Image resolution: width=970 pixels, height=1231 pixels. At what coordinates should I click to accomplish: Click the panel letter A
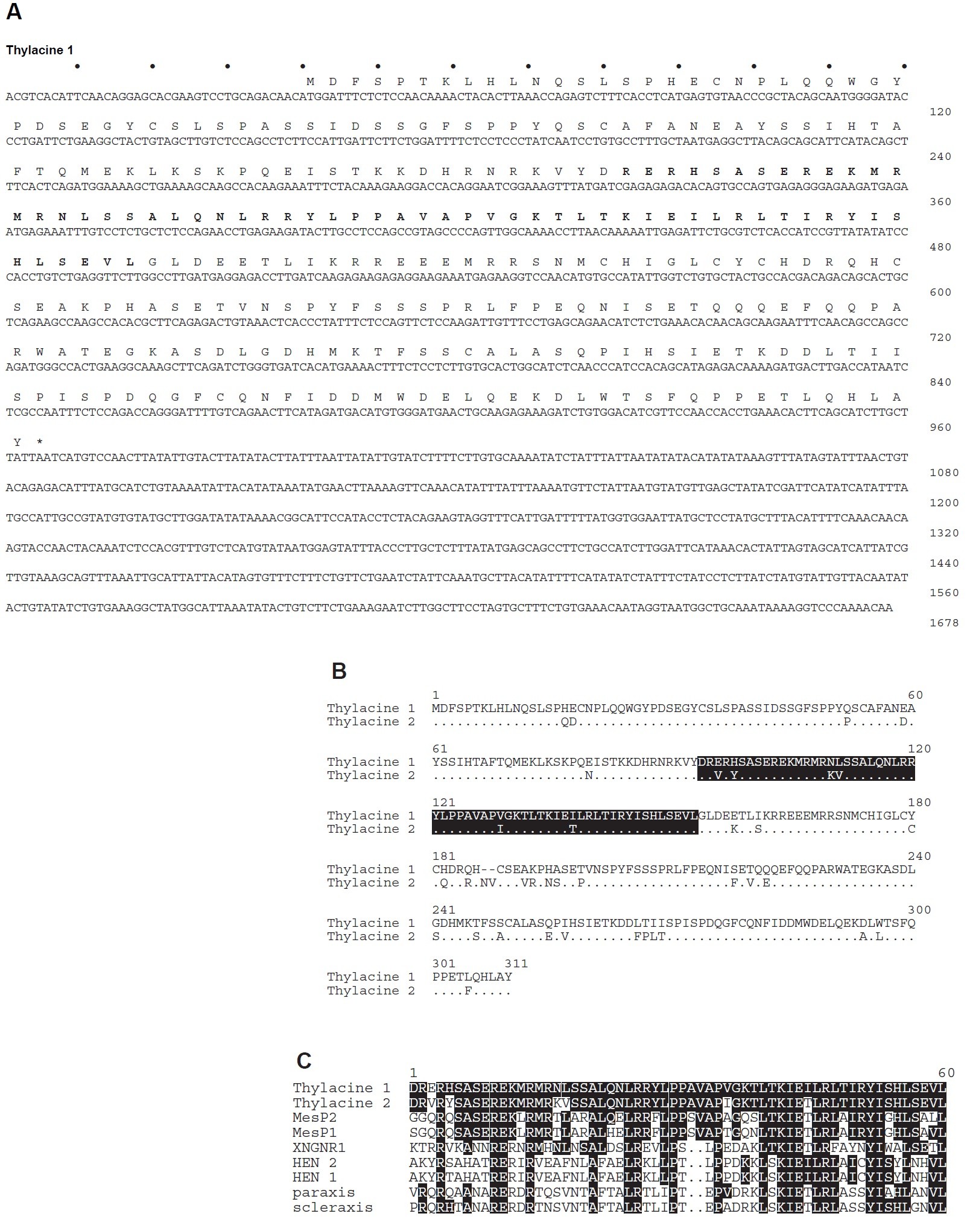[x=13, y=12]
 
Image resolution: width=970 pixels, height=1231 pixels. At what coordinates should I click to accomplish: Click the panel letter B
[x=339, y=671]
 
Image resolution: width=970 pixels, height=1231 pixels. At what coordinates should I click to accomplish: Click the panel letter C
[x=304, y=1060]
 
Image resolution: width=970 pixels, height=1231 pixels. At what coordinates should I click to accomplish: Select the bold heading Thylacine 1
[x=39, y=50]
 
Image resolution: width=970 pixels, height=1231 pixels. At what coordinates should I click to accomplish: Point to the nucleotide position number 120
[x=939, y=112]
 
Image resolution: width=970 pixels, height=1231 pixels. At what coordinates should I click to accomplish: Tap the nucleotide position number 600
[x=939, y=292]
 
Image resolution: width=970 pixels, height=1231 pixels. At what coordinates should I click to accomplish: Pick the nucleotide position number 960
[x=939, y=427]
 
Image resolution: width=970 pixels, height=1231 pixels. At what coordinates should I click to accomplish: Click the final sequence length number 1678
[x=943, y=623]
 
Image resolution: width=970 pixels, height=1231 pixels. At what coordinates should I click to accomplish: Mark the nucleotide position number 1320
[x=943, y=533]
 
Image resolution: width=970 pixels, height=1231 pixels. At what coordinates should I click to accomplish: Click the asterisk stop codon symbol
[x=40, y=443]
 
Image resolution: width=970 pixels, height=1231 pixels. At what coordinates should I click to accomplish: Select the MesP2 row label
[x=315, y=1118]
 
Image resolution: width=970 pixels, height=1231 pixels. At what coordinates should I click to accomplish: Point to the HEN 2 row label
[x=315, y=1163]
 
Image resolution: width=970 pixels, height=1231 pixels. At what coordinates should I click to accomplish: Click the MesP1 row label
[x=315, y=1133]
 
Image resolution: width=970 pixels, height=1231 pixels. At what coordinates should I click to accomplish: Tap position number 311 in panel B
[x=516, y=964]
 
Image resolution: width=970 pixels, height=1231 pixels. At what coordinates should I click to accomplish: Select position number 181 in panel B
[x=444, y=856]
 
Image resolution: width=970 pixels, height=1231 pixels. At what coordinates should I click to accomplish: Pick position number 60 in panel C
[x=946, y=1073]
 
